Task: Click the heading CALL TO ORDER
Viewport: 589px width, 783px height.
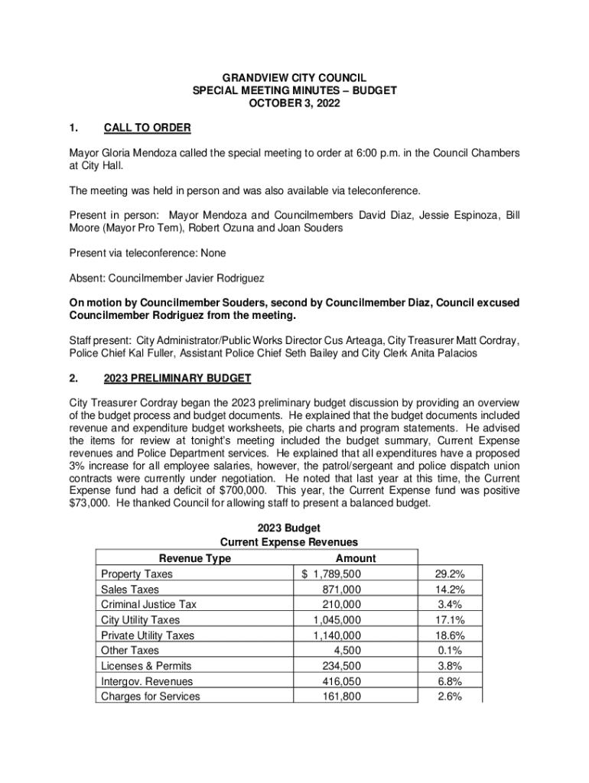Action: (147, 127)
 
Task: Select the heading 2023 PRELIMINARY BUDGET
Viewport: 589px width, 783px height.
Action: (177, 379)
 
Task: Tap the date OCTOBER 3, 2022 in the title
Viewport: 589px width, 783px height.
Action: (294, 102)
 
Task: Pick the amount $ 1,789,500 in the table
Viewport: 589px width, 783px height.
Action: (331, 574)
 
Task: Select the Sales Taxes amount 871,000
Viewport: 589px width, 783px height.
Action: (341, 590)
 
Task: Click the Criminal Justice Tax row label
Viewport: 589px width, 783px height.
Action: (148, 605)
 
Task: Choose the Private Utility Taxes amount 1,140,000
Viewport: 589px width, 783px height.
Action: (337, 635)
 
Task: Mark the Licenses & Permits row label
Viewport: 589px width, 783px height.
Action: (146, 666)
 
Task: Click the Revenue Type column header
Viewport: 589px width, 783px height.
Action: (194, 559)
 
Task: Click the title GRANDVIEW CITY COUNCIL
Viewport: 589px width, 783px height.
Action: (294, 78)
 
